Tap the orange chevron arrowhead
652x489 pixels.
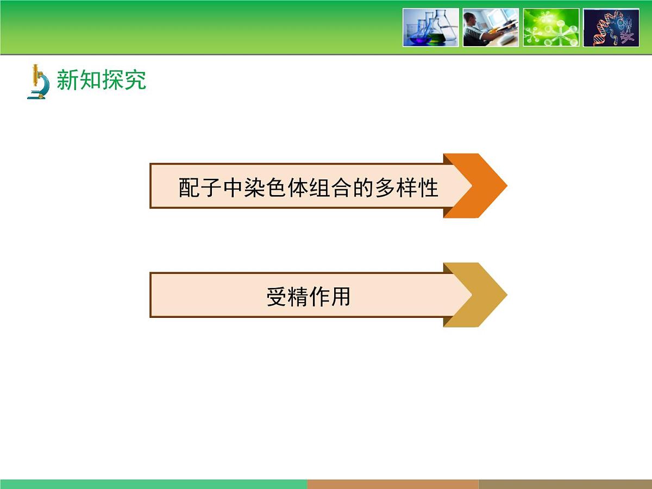[x=478, y=186]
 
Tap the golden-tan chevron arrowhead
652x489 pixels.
[x=478, y=295]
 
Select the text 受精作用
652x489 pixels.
[x=308, y=297]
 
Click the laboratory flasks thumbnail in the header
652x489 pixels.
[x=431, y=27]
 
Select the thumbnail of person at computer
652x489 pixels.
[x=491, y=27]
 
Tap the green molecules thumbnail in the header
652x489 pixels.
[x=551, y=27]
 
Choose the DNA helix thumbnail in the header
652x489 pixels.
[x=611, y=27]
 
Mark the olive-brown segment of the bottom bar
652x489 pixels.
[x=565, y=484]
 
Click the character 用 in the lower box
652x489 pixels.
[x=340, y=297]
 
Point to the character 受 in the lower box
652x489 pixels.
[x=276, y=297]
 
